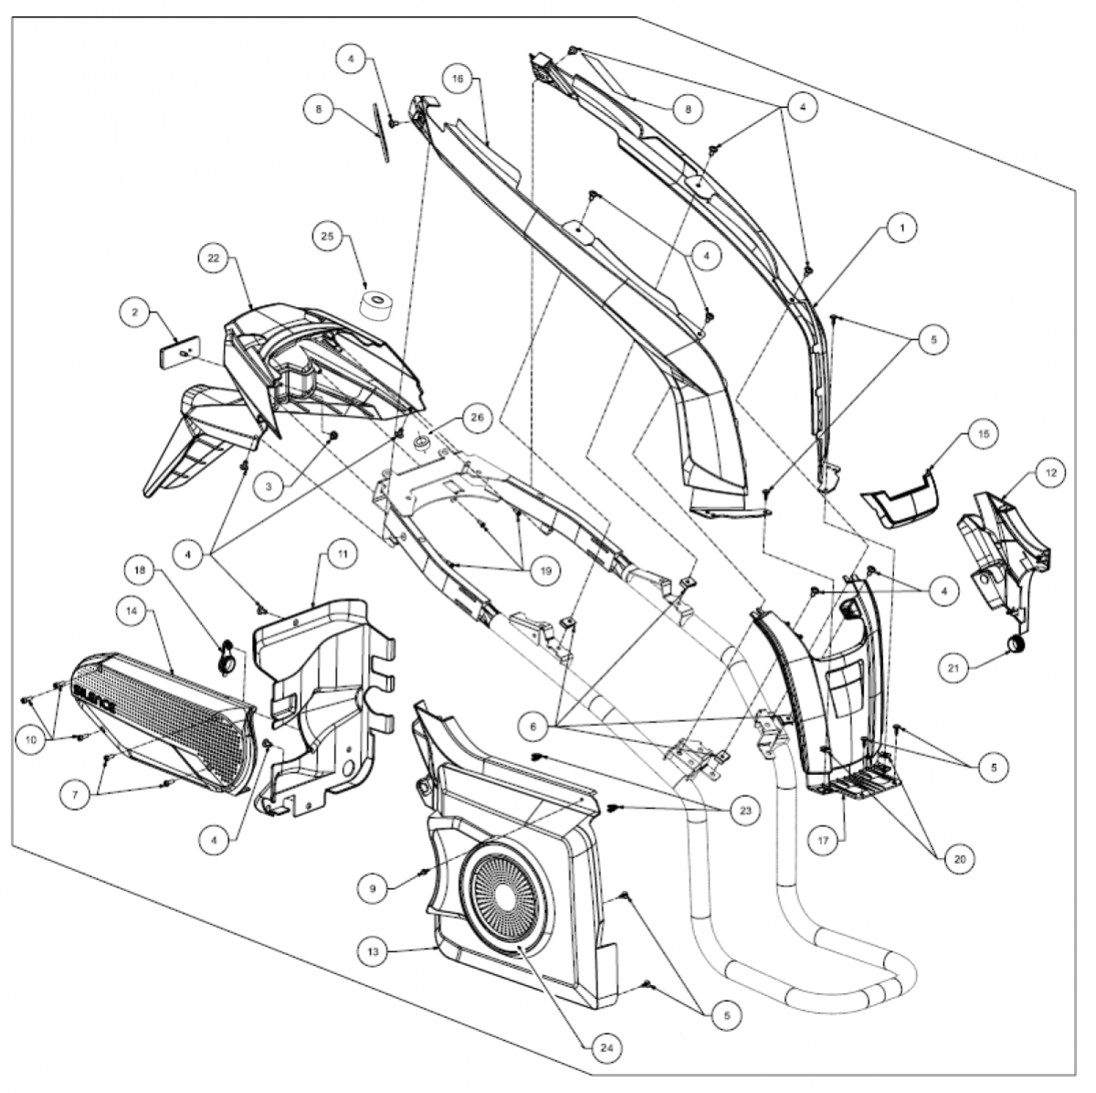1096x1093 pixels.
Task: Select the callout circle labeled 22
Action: coord(214,259)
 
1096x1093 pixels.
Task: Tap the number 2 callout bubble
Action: coord(135,313)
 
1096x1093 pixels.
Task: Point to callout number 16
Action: coord(458,80)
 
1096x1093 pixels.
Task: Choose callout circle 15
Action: coord(984,434)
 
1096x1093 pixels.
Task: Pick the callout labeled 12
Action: coord(1050,473)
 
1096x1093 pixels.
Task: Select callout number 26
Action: coord(477,418)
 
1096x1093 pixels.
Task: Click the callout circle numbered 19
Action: coord(545,571)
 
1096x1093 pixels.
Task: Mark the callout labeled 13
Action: coord(374,951)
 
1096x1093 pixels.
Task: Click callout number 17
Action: coord(824,841)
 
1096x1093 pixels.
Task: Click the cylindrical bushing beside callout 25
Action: coord(376,306)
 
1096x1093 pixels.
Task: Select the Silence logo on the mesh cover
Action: coord(94,699)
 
